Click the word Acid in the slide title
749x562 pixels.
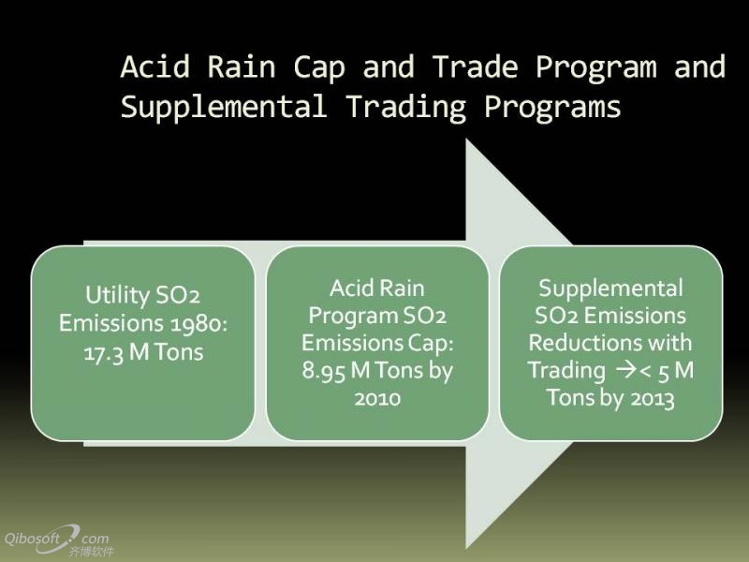click(155, 67)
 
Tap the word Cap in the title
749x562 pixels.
click(319, 67)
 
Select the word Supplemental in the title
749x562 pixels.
click(224, 107)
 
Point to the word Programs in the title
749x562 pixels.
click(552, 107)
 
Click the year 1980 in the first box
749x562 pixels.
click(199, 324)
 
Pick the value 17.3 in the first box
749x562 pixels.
click(104, 353)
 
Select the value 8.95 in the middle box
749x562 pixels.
click(323, 371)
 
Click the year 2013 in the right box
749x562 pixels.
click(652, 399)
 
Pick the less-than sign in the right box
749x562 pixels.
click(645, 372)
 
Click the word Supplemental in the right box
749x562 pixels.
click(611, 288)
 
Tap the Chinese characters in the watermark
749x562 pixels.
click(91, 552)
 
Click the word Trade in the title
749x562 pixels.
click(476, 67)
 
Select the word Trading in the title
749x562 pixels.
click(406, 108)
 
